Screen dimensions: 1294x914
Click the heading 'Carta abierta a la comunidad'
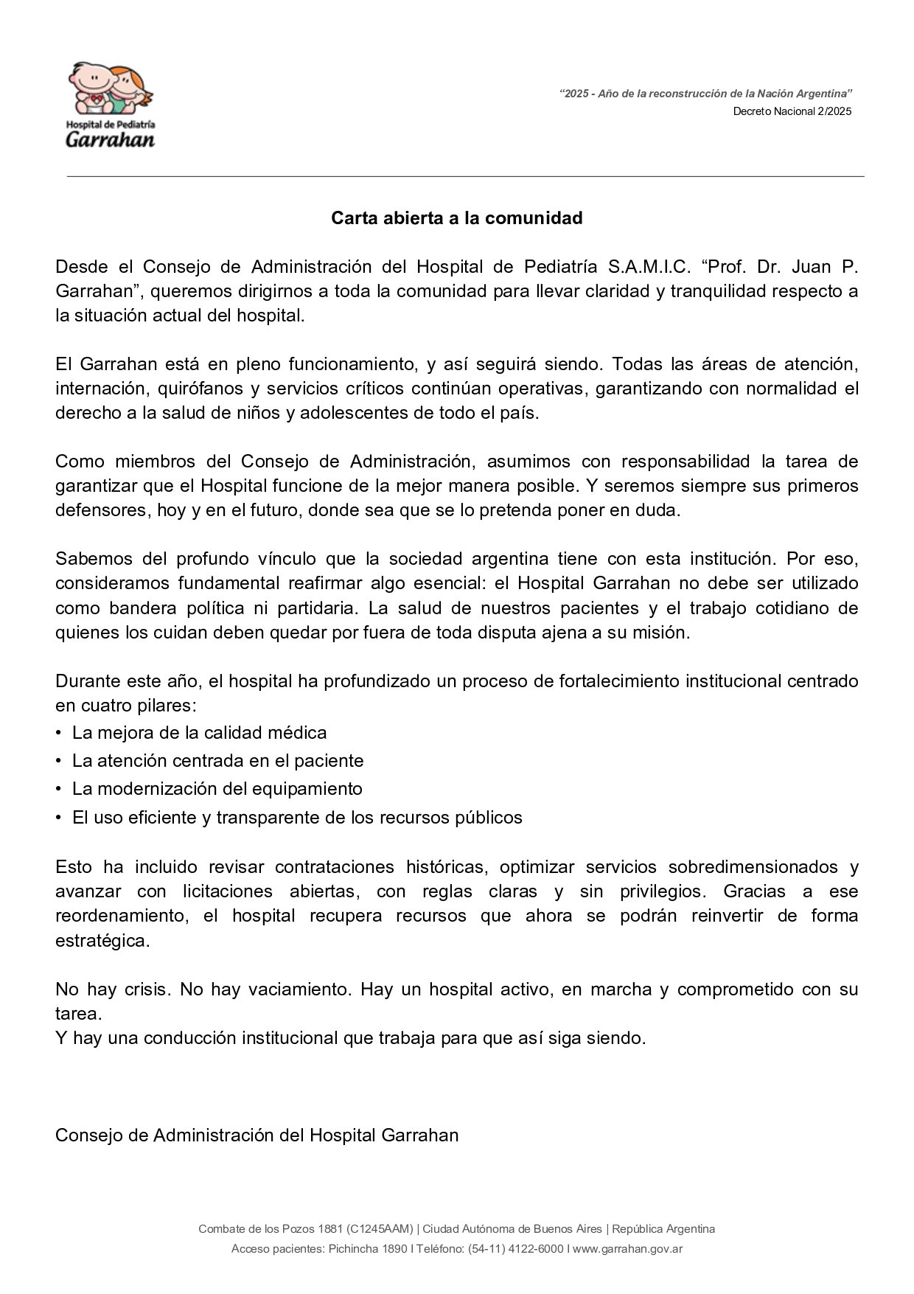456,218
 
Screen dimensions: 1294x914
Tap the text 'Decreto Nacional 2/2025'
792,111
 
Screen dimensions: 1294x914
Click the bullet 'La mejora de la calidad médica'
199,733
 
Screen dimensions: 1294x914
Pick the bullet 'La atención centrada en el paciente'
217,760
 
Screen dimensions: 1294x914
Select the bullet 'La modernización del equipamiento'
217,789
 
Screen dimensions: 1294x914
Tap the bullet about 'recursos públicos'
297,818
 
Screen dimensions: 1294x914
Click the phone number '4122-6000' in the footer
538,1249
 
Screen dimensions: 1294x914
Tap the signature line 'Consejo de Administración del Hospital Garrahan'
257,1135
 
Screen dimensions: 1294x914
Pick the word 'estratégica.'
102,942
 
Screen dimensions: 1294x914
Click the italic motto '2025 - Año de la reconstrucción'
705,94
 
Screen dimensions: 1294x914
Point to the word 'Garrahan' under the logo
111,139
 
